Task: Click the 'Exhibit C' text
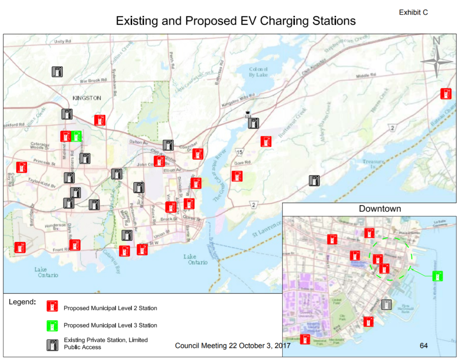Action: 413,13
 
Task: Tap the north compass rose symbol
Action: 436,62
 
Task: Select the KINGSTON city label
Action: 87,98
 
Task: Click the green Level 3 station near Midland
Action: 77,136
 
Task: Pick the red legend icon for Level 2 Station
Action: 53,306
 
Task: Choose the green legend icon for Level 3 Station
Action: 53,325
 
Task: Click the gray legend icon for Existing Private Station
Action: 53,345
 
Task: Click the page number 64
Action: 424,346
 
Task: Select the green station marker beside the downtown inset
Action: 437,275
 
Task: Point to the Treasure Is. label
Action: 373,163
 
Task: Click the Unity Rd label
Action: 63,41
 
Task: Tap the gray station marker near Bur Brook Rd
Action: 57,72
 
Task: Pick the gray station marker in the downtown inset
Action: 386,304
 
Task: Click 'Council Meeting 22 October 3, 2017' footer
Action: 232,346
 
